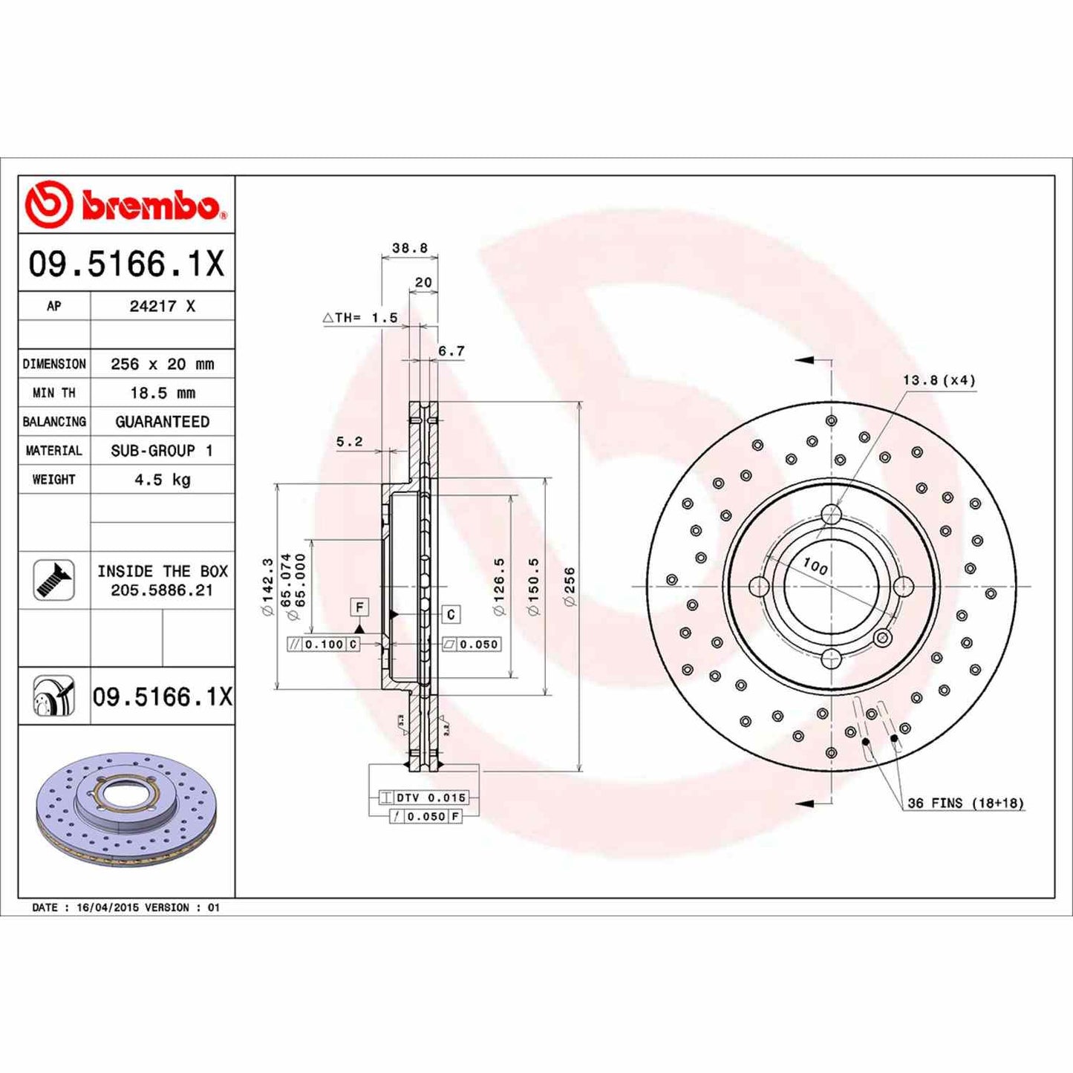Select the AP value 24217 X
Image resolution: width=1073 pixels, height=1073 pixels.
coord(162,306)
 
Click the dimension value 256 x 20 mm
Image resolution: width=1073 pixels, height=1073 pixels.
coord(162,364)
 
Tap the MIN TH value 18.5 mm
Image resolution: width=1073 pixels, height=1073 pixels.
coord(162,393)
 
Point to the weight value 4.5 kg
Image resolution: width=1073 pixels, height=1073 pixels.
coord(162,480)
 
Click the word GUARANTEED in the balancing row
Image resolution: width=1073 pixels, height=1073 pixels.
coord(162,422)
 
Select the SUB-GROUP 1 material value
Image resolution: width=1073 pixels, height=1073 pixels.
coord(162,451)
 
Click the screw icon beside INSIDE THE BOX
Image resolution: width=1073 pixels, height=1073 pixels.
coord(54,580)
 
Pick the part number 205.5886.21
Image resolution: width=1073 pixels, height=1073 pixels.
coord(162,590)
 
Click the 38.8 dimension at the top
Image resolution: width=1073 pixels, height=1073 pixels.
coord(410,248)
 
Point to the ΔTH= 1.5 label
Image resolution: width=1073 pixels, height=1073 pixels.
coord(361,318)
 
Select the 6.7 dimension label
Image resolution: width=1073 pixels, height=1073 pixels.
coord(451,350)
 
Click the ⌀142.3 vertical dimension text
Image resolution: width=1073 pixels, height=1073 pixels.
coord(267,587)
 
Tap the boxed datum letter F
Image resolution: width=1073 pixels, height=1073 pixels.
coord(359,607)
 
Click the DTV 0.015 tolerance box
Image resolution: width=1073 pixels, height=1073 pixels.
coord(430,798)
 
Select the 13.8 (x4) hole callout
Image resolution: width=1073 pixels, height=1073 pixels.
coord(939,380)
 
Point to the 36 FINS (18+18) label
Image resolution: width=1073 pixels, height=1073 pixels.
coord(965,803)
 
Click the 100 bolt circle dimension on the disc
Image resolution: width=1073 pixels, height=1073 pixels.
coord(815,566)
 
